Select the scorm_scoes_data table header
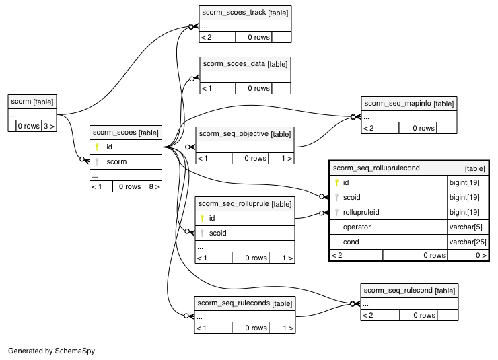tap(245, 64)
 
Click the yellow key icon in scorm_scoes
tap(97, 147)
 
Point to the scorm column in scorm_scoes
tap(116, 162)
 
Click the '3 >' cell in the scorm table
tap(49, 126)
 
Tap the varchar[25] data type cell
tap(468, 242)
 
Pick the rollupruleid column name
tap(361, 212)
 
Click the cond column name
tap(351, 242)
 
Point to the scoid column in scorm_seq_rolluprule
tap(217, 233)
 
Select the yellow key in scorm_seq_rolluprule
tap(202, 218)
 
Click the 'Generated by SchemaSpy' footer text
tap(51, 351)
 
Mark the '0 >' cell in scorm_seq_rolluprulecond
tap(481, 255)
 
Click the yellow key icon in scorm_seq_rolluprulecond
tap(336, 182)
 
